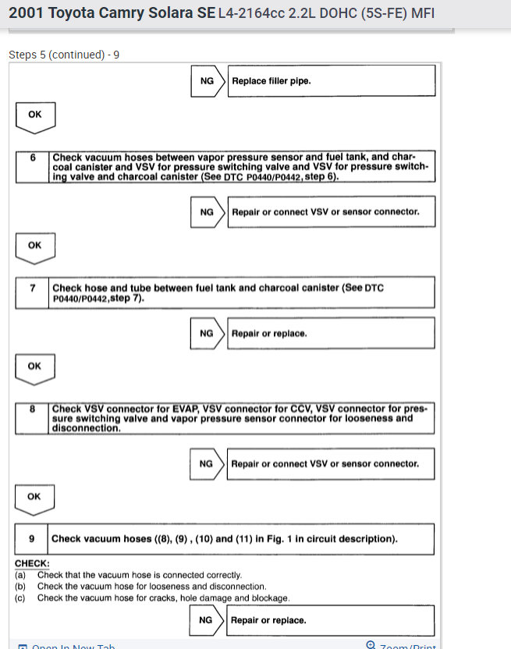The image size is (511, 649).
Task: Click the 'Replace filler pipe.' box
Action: pos(331,80)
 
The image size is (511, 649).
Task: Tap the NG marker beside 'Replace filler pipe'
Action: pos(207,80)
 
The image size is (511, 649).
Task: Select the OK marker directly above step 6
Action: pos(34,115)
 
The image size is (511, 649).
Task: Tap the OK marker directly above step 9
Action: pos(34,496)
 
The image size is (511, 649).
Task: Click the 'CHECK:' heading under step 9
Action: pos(32,563)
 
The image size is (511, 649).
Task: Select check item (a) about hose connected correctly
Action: pos(129,575)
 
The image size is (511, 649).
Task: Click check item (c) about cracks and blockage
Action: pos(152,598)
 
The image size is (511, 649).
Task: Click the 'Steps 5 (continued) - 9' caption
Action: pos(63,55)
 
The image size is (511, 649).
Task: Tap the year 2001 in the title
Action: pos(25,13)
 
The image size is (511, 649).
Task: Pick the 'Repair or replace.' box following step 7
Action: pos(331,333)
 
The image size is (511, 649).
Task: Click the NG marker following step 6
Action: pos(207,211)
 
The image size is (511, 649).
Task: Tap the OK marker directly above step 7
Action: pos(34,245)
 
